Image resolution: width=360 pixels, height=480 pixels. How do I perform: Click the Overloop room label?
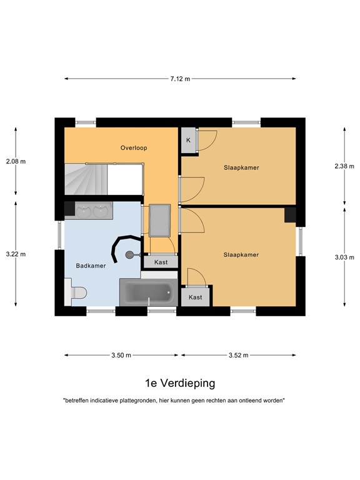point(134,148)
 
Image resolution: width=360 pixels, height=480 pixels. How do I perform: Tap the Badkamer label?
point(91,266)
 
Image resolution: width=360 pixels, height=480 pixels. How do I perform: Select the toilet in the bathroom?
point(76,292)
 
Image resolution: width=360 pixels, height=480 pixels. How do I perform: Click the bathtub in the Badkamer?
point(149,292)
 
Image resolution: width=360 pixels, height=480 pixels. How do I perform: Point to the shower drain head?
point(129,254)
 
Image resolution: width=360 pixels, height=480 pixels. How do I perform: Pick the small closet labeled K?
point(189,140)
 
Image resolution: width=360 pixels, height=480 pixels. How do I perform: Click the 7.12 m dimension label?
point(180,79)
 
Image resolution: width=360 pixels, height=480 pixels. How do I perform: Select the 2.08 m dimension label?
point(16,161)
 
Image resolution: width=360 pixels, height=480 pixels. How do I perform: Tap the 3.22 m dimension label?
point(16,254)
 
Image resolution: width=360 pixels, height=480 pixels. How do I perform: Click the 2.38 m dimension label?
point(344,166)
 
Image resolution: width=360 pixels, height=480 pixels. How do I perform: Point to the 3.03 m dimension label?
point(344,257)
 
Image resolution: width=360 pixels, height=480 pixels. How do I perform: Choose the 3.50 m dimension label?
point(121,355)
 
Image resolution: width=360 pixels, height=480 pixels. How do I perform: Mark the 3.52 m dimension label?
point(239,355)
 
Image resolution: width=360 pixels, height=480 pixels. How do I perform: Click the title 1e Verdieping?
point(180,383)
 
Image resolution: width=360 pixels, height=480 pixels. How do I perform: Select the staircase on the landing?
point(86,179)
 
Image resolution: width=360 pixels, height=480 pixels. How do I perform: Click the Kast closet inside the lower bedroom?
point(195,297)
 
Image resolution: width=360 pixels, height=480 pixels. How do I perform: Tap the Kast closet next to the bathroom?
point(161,262)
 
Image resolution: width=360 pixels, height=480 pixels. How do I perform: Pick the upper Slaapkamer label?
point(241,167)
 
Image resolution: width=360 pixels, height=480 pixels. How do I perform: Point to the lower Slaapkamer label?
point(241,255)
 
